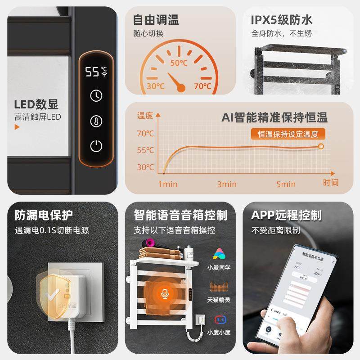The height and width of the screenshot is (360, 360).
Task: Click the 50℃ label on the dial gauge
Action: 179,63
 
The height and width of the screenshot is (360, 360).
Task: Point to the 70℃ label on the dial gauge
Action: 202,86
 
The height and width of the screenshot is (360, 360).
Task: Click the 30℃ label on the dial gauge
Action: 155,86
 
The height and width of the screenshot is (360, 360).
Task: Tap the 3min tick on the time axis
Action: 227,184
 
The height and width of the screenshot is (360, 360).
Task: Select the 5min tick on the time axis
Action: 286,184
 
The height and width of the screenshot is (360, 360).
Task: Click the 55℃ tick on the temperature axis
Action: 145,150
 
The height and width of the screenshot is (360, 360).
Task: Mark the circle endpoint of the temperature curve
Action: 321,146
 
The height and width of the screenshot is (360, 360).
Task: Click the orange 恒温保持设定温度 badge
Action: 288,134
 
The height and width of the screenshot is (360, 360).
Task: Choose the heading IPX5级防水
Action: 282,20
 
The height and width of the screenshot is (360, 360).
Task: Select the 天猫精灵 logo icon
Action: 219,287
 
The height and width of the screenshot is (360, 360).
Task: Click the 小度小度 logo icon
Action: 219,319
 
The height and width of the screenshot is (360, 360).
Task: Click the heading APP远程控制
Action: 286,215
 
